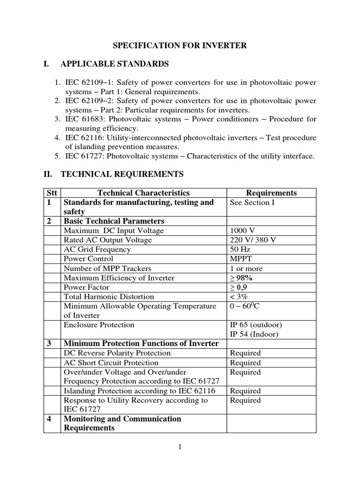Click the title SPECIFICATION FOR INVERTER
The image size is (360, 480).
pos(180,45)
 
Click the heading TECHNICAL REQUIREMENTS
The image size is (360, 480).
pos(122,174)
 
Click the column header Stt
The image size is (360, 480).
pos(52,193)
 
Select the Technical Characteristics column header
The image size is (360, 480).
pos(143,193)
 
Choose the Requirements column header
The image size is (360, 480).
pos(271,193)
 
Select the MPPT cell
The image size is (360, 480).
pos(241,259)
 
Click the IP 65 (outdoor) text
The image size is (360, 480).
pos(256,325)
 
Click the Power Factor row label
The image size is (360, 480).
pos(86,287)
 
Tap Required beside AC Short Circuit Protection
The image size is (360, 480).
pos(245,363)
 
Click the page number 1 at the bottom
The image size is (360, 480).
pos(180,447)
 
